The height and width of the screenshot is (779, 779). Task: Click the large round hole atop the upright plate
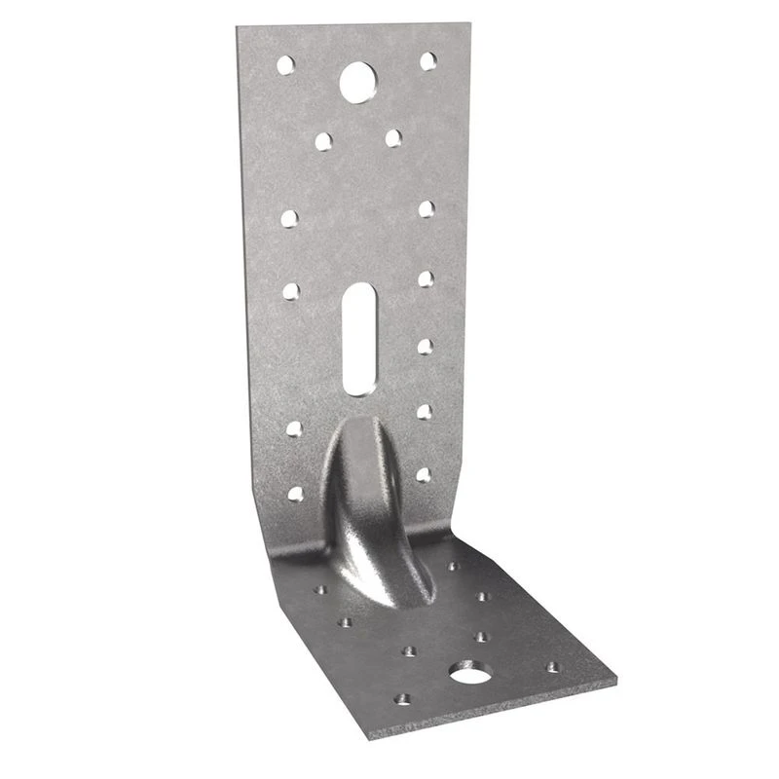357,80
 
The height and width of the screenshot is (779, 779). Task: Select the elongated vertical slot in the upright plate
357,338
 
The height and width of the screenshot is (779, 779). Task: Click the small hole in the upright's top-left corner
285,65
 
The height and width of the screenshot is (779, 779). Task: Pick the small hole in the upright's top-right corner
427,60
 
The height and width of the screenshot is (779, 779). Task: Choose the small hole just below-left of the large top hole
323,141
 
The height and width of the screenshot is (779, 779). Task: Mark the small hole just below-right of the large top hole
392,138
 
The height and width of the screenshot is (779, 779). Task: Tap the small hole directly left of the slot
290,289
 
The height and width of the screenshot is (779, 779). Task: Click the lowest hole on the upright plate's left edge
295,494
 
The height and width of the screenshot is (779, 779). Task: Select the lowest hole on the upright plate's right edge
423,475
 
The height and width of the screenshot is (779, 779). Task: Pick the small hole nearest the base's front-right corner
553,667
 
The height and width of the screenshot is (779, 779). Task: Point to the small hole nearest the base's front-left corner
400,698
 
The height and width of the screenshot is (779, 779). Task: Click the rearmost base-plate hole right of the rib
452,566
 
